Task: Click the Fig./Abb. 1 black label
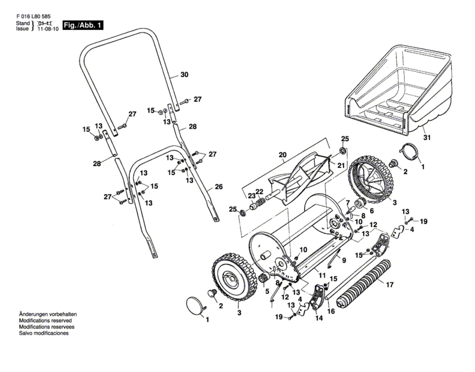click(x=83, y=25)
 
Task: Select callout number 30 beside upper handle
click(x=184, y=75)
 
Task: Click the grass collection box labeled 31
click(x=398, y=89)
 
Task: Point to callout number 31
click(x=427, y=138)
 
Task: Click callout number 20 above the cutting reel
click(x=283, y=155)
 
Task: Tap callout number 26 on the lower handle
click(x=218, y=187)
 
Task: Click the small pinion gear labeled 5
click(x=264, y=278)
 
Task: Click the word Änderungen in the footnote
click(x=33, y=314)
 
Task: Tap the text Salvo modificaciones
click(x=44, y=333)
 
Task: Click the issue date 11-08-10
click(x=48, y=29)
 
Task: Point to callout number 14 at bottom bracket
click(x=319, y=318)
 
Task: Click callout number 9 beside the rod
click(x=344, y=260)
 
